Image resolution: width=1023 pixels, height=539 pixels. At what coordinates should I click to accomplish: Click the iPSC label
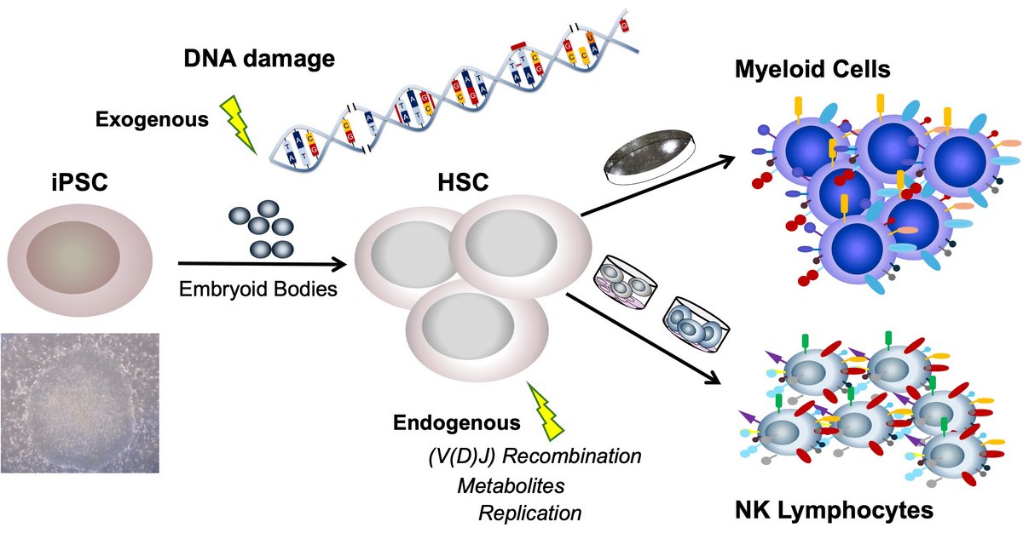pyautogui.click(x=78, y=184)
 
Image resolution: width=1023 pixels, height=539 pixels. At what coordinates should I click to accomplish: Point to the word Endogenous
pyautogui.click(x=456, y=422)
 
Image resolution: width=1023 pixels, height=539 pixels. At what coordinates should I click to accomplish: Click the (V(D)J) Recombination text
pyautogui.click(x=535, y=456)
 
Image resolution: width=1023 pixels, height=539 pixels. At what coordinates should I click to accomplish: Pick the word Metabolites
pyautogui.click(x=511, y=485)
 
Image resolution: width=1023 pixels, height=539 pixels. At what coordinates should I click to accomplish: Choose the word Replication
pyautogui.click(x=530, y=513)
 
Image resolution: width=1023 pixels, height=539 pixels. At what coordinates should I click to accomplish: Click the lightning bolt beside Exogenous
pyautogui.click(x=239, y=124)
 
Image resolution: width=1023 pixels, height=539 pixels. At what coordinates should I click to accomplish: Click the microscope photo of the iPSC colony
pyautogui.click(x=80, y=403)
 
